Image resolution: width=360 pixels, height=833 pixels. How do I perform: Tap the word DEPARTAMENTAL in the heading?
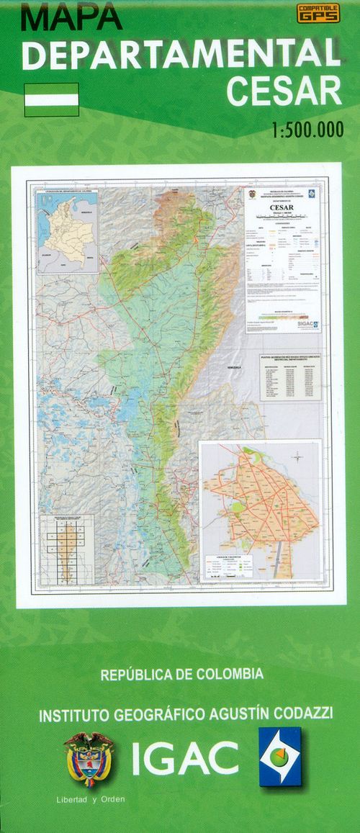[181, 55]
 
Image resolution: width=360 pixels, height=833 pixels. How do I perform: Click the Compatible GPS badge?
[318, 14]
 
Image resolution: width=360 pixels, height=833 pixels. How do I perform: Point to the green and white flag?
[51, 99]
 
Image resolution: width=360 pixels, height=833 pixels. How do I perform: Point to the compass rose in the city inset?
[298, 456]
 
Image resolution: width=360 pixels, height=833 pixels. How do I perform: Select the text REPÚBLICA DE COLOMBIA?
[182, 675]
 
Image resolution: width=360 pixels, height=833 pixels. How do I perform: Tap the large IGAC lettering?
[185, 757]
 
